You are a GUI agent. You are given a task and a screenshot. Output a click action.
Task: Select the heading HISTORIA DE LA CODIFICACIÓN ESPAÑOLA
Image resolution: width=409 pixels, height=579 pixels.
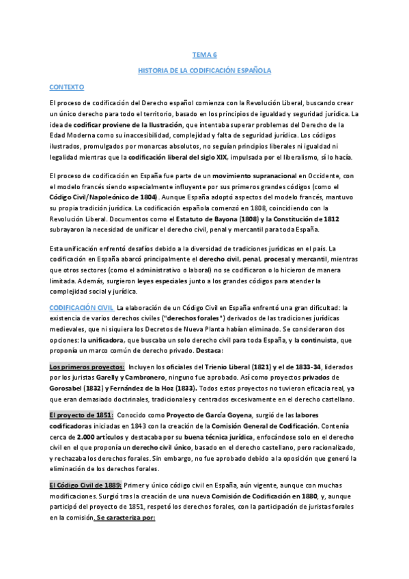[x=204, y=70]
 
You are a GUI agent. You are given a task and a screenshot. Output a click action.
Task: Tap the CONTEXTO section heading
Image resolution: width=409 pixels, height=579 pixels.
[x=66, y=87]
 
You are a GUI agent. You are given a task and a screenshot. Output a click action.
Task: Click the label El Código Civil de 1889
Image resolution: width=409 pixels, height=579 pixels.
[x=85, y=484]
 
